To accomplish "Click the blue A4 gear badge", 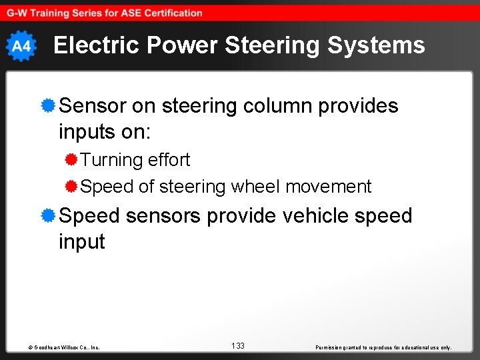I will [x=21, y=46].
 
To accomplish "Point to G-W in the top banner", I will [x=17, y=13].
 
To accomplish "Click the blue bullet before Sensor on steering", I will [x=47, y=105].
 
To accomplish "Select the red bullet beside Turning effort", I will [x=71, y=159].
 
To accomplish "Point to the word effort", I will [x=169, y=160].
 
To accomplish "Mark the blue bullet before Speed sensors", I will [x=47, y=215].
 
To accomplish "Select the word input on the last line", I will [x=82, y=241].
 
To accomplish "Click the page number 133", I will [x=238, y=345].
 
